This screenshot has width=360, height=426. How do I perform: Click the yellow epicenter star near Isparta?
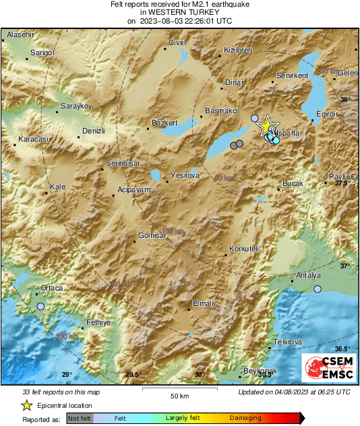pyautogui.click(x=267, y=125)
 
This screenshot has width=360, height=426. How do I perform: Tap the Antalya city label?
pyautogui.click(x=309, y=276)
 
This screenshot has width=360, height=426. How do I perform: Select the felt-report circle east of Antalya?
pyautogui.click(x=318, y=289)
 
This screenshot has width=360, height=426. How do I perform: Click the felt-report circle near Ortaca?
pyautogui.click(x=40, y=307)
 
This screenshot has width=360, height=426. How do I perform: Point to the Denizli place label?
pyautogui.click(x=93, y=130)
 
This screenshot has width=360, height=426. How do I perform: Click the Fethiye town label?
pyautogui.click(x=98, y=322)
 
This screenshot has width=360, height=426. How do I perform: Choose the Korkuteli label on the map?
pyautogui.click(x=244, y=249)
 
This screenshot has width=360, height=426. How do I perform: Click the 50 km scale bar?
pyautogui.click(x=179, y=389)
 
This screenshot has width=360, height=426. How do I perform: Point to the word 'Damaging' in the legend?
pyautogui.click(x=245, y=419)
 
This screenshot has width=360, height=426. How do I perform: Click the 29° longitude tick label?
pyautogui.click(x=66, y=375)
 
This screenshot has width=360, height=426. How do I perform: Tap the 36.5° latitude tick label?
pyautogui.click(x=342, y=348)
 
